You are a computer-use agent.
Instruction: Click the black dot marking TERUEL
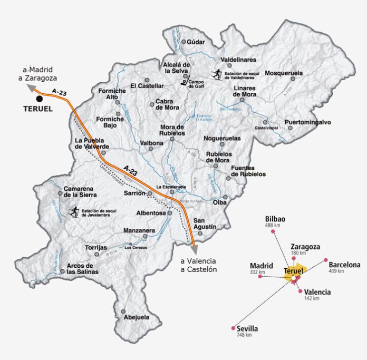click(x=38, y=99)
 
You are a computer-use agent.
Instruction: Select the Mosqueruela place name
click(x=285, y=73)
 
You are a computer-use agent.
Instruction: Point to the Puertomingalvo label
click(x=307, y=122)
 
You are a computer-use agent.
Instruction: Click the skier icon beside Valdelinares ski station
click(x=216, y=74)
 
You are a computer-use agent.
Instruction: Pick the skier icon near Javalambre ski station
click(x=74, y=212)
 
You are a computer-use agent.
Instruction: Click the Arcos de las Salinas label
click(x=83, y=268)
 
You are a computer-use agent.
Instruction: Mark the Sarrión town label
click(x=134, y=193)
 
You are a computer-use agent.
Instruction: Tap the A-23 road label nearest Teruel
click(x=60, y=93)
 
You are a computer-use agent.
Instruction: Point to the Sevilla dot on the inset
click(x=233, y=328)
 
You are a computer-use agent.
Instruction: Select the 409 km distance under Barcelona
click(x=336, y=271)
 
